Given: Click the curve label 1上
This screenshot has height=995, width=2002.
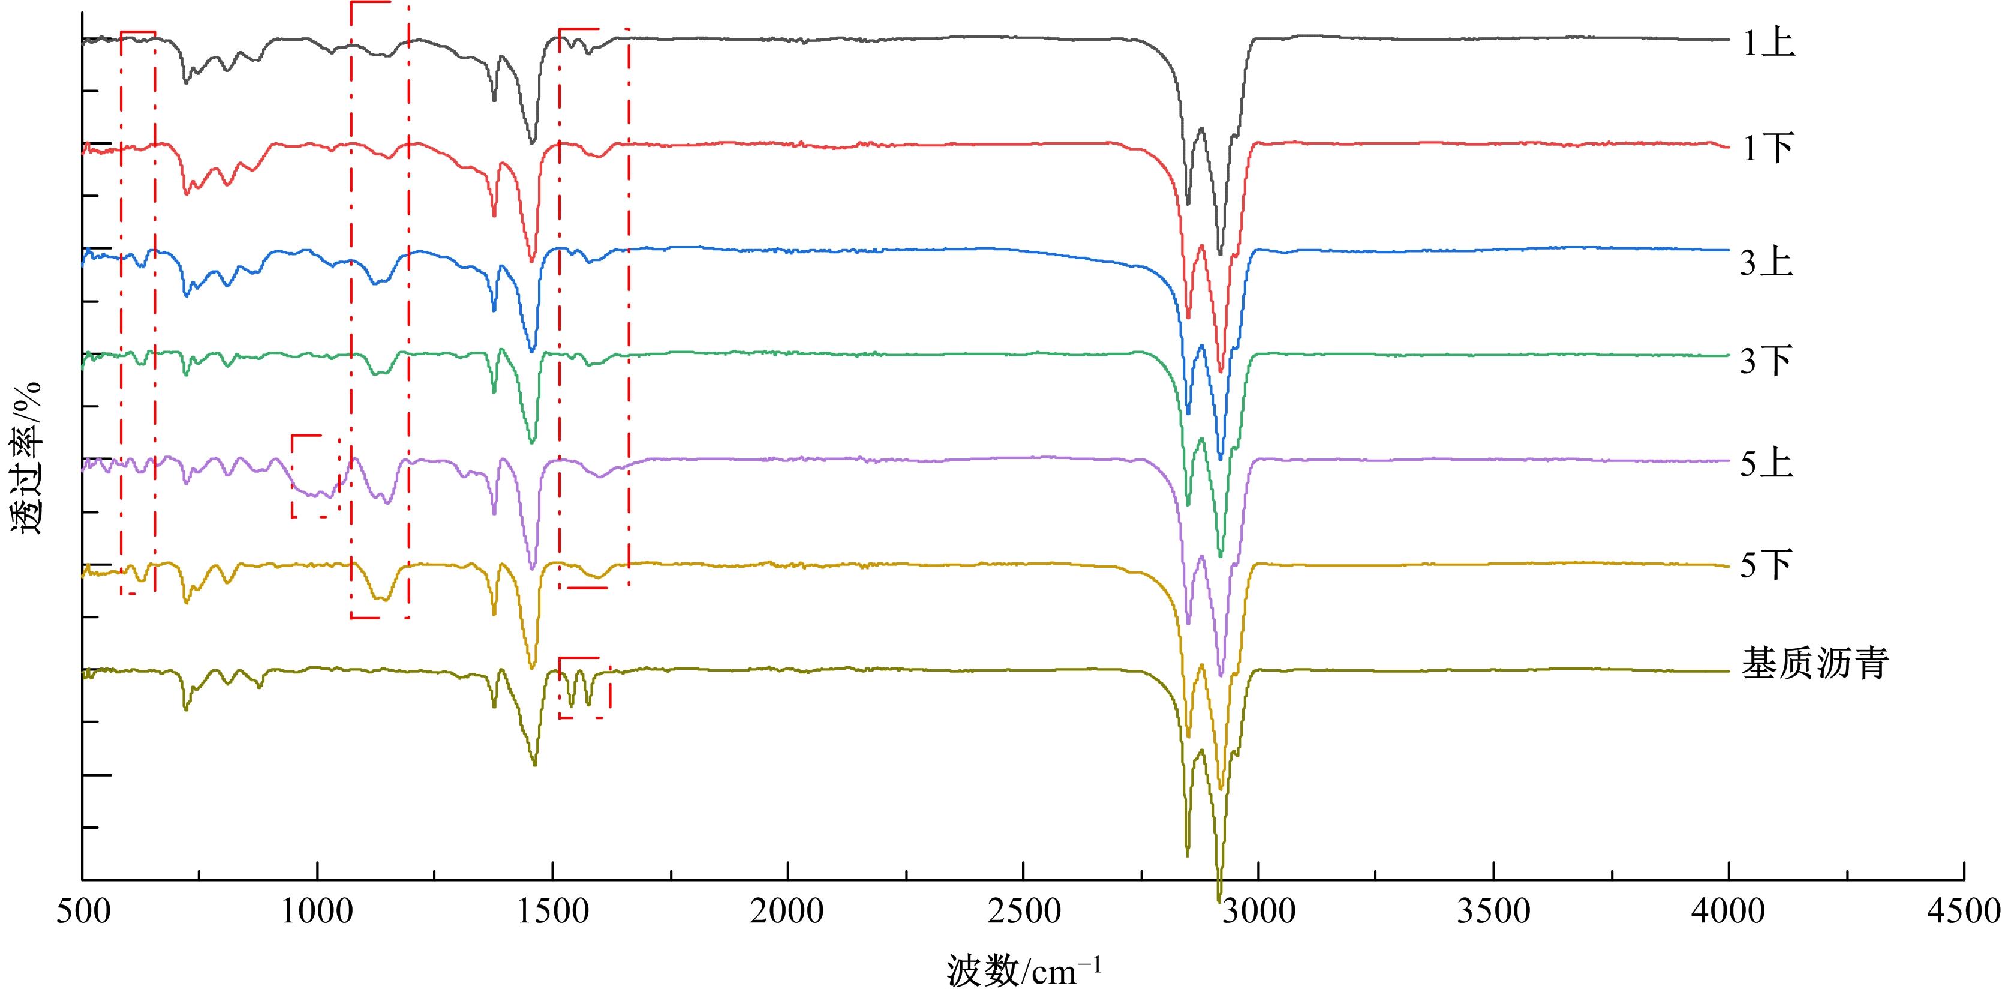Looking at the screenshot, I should [x=1768, y=44].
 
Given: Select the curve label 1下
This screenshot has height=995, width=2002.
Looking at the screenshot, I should [x=1768, y=148].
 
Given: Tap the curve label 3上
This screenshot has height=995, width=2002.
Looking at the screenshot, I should [x=1766, y=263].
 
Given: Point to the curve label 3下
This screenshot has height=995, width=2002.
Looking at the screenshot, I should [x=1766, y=361].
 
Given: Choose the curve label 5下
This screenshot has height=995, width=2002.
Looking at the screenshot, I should [x=1766, y=565].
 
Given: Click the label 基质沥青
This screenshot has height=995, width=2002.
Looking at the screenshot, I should [x=1815, y=664].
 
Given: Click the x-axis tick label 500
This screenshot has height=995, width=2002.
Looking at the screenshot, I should [x=83, y=911].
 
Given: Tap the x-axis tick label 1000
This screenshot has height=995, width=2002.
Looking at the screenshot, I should [x=317, y=911].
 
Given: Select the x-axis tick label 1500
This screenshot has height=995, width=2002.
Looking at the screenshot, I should [x=552, y=911].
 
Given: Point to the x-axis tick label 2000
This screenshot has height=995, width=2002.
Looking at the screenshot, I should [x=788, y=911].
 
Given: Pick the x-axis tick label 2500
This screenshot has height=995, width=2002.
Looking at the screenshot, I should [x=1024, y=911].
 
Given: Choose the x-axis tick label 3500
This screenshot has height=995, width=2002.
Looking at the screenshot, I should [x=1494, y=911].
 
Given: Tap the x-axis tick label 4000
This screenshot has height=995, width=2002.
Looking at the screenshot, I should [x=1729, y=911].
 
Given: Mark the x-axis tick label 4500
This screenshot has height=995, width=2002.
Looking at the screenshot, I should [x=1964, y=911].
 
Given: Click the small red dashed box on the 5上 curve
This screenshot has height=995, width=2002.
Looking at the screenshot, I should [x=315, y=476].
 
